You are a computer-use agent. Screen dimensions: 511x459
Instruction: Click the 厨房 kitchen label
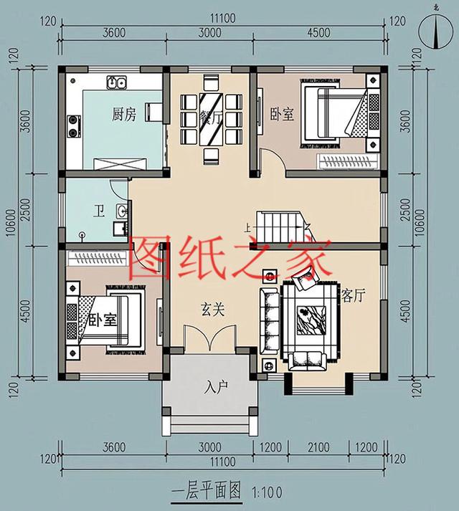tap(123, 114)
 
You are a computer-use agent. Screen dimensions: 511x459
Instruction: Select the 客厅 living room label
tap(349, 295)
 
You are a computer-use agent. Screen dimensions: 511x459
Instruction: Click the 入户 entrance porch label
tap(215, 387)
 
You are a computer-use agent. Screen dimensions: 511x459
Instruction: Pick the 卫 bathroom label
tap(100, 212)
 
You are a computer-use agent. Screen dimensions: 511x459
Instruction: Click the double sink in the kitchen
tap(117, 83)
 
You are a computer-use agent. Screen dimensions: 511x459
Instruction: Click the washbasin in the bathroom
tap(123, 212)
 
